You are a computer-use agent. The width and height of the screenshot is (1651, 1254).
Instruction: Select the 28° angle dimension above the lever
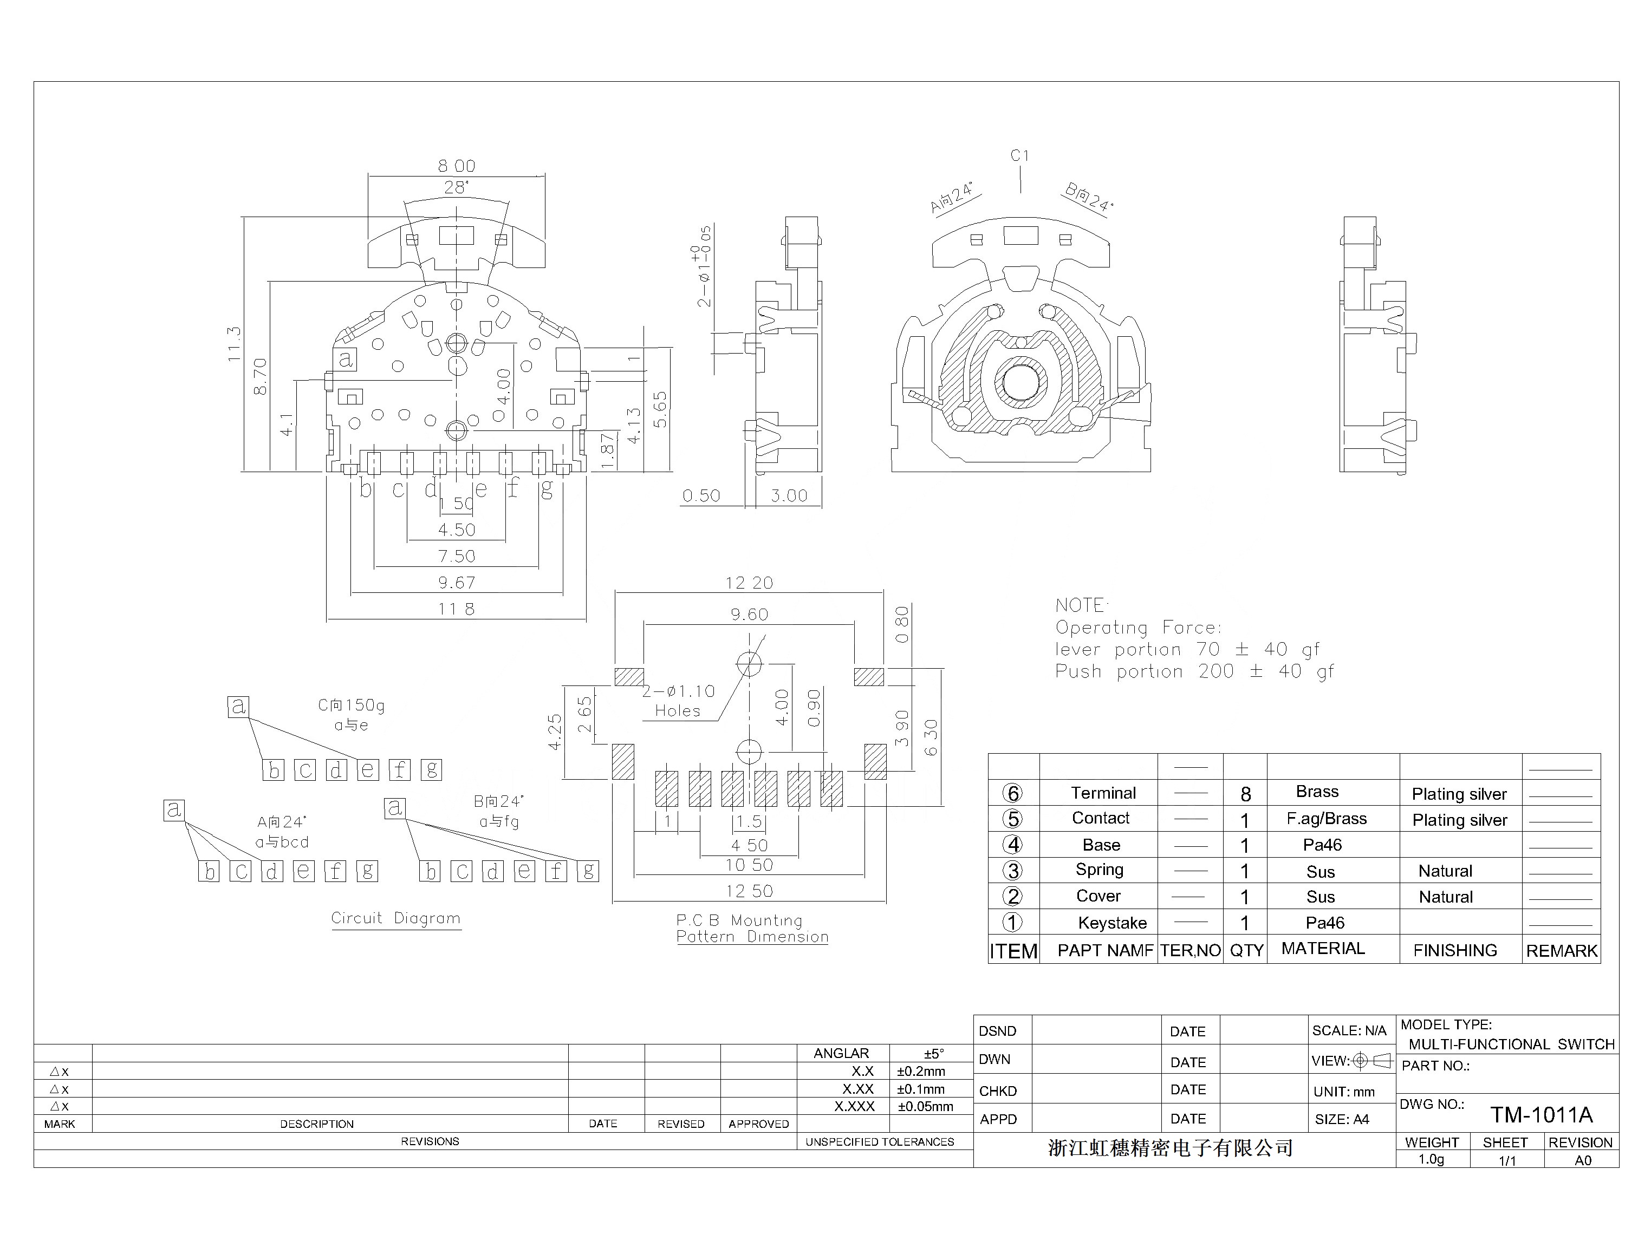pyautogui.click(x=456, y=187)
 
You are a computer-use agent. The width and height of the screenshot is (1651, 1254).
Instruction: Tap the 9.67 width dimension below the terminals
pyautogui.click(x=456, y=582)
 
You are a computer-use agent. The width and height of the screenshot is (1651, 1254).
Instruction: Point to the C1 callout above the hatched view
pyautogui.click(x=1019, y=156)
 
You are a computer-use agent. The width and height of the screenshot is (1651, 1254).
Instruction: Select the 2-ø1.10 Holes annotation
pyautogui.click(x=678, y=701)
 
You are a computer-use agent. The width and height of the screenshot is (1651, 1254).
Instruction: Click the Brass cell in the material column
pyautogui.click(x=1317, y=792)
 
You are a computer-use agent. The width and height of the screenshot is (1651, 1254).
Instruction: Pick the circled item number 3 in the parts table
pyautogui.click(x=1012, y=871)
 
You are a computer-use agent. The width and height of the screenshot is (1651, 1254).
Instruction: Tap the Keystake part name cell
pyautogui.click(x=1112, y=923)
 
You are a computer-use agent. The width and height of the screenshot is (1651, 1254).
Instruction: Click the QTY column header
pyautogui.click(x=1246, y=951)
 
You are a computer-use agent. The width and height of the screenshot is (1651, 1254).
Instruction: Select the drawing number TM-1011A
pyautogui.click(x=1541, y=1115)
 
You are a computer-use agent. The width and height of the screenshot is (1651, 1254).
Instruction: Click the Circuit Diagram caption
pyautogui.click(x=396, y=918)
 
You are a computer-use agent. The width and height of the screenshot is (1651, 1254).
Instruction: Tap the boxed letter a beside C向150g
pyautogui.click(x=238, y=706)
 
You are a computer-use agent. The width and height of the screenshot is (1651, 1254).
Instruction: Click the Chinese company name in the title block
pyautogui.click(x=1170, y=1148)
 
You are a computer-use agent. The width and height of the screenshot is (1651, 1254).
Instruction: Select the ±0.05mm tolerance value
pyautogui.click(x=925, y=1107)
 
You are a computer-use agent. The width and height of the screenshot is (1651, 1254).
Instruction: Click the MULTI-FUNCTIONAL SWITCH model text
pyautogui.click(x=1511, y=1044)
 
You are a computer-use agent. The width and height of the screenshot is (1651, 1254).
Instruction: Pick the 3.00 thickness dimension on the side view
pyautogui.click(x=789, y=495)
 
